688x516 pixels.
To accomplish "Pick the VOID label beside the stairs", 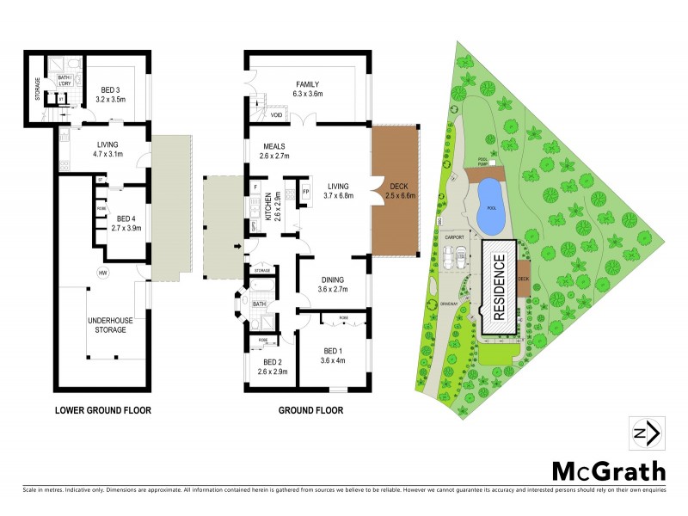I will [276, 114].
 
